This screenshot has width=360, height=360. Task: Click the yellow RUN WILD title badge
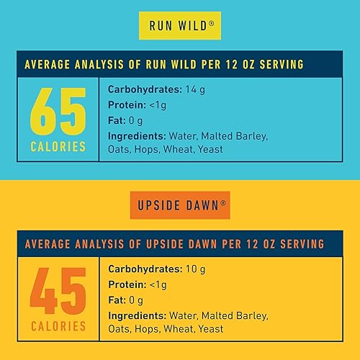pyautogui.click(x=179, y=26)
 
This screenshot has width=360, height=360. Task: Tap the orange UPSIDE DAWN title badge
pyautogui.click(x=180, y=204)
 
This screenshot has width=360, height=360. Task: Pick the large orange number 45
pyautogui.click(x=58, y=291)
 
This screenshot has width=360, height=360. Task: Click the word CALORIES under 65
pyautogui.click(x=58, y=147)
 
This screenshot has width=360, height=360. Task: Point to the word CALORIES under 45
pyautogui.click(x=58, y=328)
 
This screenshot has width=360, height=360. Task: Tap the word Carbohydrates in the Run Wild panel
pyautogui.click(x=143, y=89)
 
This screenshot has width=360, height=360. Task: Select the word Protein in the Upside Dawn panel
pyautogui.click(x=127, y=284)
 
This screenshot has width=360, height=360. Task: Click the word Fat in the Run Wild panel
pyautogui.click(x=116, y=120)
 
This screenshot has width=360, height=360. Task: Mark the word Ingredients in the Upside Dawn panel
pyautogui.click(x=136, y=315)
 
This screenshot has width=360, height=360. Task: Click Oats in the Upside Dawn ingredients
pyautogui.click(x=120, y=330)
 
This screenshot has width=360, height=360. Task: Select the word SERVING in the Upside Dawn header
pyautogui.click(x=300, y=243)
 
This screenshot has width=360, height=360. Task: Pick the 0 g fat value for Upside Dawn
pyautogui.click(x=135, y=300)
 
